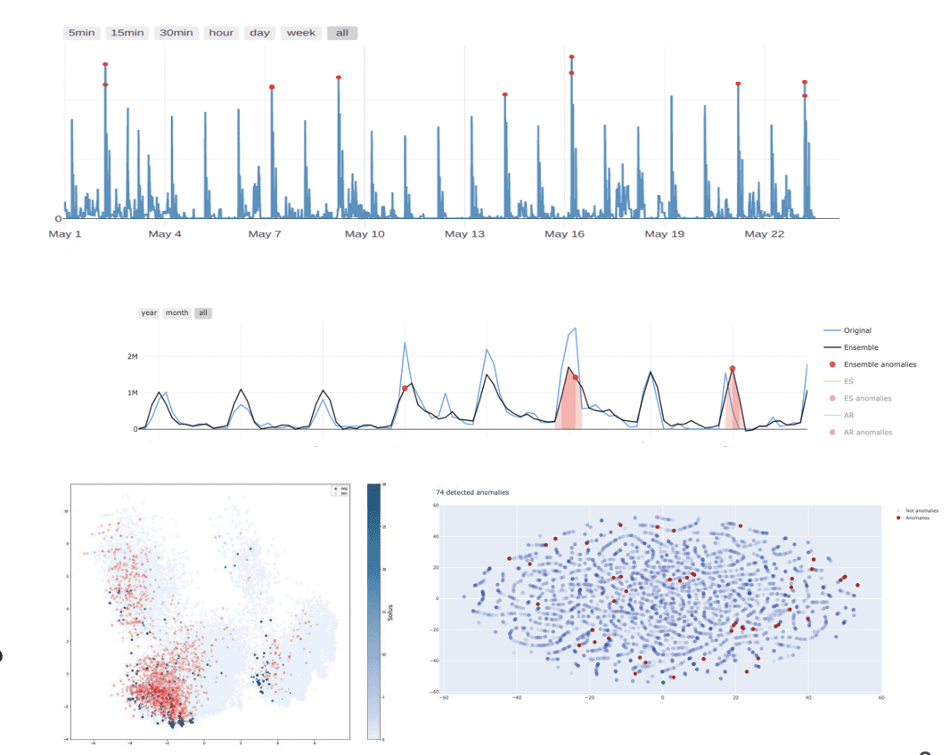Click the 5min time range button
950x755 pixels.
[x=81, y=33]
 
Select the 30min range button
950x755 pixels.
[x=176, y=33]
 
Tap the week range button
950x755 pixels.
[x=301, y=33]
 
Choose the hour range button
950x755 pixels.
[x=221, y=33]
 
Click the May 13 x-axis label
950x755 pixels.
[x=464, y=234]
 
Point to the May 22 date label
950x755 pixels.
[x=764, y=234]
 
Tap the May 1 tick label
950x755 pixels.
[x=65, y=234]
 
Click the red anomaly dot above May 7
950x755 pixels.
[x=272, y=86]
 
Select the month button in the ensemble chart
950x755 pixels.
[x=177, y=313]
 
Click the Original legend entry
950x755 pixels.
[x=857, y=330]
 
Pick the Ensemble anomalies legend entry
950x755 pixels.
[x=880, y=364]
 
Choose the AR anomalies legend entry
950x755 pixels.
[x=868, y=432]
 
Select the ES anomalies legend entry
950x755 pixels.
[x=867, y=398]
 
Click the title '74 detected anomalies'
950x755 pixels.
[x=472, y=492]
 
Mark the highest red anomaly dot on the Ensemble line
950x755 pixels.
[x=732, y=368]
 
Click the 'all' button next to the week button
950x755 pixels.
[x=342, y=33]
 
